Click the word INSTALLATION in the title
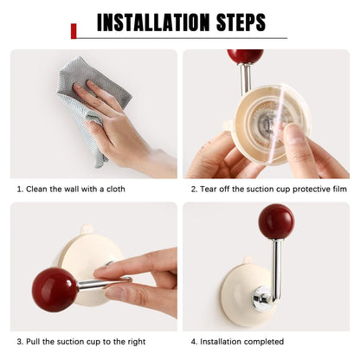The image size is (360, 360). [x=153, y=22]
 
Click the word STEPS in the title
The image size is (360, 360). [x=241, y=22]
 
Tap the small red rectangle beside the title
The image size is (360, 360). [x=74, y=31]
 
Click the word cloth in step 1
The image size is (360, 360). [x=116, y=190]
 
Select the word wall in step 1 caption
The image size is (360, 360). [x=71, y=190]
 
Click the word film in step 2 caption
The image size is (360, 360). [x=339, y=190]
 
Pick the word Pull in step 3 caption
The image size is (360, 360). [x=33, y=342]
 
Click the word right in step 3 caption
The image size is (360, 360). [x=136, y=343]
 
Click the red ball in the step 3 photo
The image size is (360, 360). [x=55, y=290]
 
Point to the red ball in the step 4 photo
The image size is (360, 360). [x=276, y=222]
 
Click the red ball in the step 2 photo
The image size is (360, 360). [x=246, y=56]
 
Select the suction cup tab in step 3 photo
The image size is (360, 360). [x=87, y=229]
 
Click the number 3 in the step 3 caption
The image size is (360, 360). [x=19, y=342]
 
